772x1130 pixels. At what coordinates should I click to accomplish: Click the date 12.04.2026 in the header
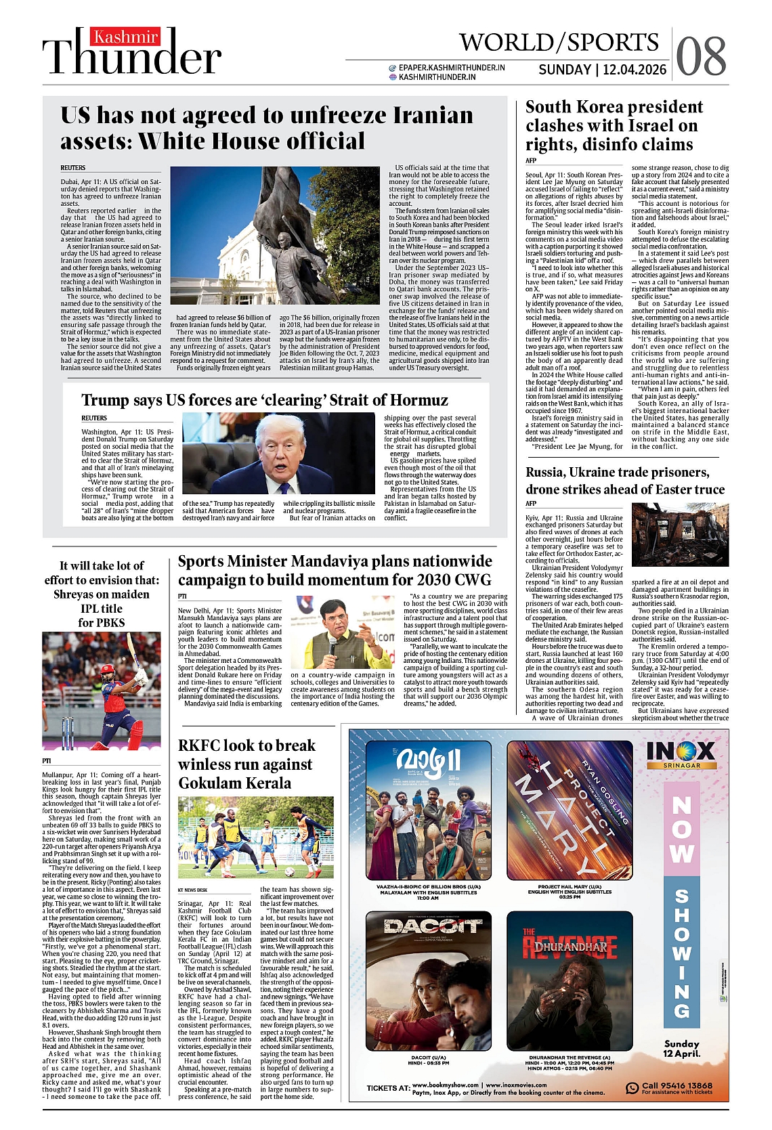click(635, 70)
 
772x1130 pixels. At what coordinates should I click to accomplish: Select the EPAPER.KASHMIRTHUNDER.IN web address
click(452, 68)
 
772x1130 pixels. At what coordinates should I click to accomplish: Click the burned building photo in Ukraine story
click(679, 534)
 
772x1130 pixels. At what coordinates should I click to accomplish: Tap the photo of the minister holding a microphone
click(343, 632)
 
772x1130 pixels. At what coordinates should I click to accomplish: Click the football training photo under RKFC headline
click(255, 837)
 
